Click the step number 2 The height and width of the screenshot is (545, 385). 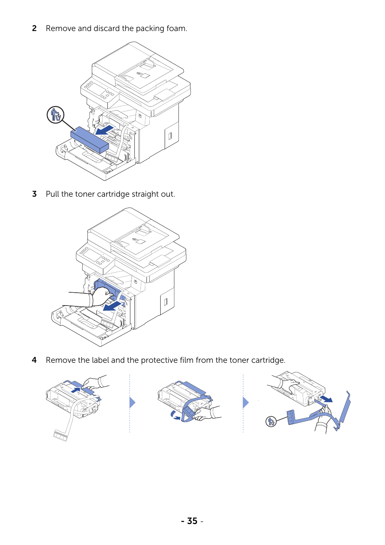pos(34,29)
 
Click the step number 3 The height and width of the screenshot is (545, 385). pos(34,194)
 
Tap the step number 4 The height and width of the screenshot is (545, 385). pos(34,360)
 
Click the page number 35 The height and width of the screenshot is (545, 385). pos(192,521)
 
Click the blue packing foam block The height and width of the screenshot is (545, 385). pos(89,139)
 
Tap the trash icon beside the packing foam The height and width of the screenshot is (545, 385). pos(56,114)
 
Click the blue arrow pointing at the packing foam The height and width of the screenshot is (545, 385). pos(105,130)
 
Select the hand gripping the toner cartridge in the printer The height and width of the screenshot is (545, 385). pos(102,296)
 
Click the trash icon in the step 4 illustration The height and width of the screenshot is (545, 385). pos(271,421)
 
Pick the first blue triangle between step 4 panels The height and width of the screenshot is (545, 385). pos(132,402)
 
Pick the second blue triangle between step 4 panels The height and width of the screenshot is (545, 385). pos(246,402)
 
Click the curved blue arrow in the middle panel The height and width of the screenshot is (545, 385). pos(175,415)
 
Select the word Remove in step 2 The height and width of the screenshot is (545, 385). pos(61,29)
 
